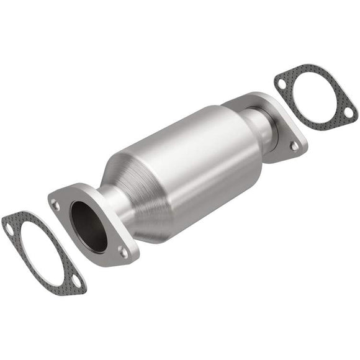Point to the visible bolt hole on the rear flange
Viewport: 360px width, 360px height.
click(294, 145)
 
